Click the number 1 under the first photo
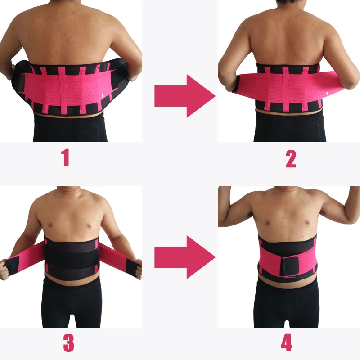pos(66,158)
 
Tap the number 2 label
pos(291,158)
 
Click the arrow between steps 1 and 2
pos(184,96)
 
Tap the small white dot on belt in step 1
pos(102,95)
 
